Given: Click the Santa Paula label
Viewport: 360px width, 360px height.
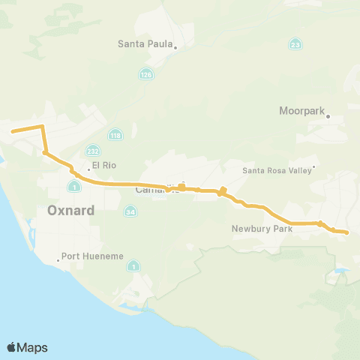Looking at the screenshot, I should [145, 43].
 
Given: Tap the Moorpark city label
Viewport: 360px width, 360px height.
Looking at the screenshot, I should [301, 111].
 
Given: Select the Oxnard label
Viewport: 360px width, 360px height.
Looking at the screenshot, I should [70, 210].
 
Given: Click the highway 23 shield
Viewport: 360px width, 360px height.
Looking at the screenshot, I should [297, 45].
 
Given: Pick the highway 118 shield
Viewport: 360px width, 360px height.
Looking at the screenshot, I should [115, 135].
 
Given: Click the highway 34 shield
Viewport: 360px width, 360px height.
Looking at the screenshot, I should [130, 212].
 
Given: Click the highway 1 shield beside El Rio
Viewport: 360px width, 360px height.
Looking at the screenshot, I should [74, 186].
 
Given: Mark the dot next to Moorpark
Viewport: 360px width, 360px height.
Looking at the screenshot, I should [328, 116].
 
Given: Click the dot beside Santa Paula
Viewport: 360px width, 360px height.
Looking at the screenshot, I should [175, 47].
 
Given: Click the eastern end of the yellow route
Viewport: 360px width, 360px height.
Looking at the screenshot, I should [347, 232].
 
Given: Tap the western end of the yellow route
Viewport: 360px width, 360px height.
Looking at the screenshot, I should [12, 132].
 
